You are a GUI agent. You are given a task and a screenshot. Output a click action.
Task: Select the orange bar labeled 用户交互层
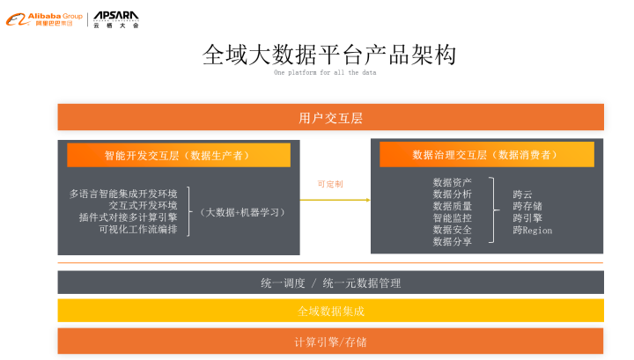[x=330, y=117]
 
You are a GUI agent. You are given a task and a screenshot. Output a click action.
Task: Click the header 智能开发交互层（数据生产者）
[x=178, y=155]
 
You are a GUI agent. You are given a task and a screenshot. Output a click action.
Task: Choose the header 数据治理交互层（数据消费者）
[x=486, y=155]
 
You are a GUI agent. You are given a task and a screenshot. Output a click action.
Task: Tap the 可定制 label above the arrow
[x=330, y=184]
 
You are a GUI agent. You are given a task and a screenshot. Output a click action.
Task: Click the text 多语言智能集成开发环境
[x=123, y=194]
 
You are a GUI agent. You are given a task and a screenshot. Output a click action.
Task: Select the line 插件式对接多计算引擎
[x=128, y=217]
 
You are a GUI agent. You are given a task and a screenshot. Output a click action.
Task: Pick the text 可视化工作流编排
[x=137, y=229]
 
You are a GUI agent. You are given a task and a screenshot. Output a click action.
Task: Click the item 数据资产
[x=452, y=182]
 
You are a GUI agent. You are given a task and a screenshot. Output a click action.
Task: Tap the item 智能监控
[x=452, y=217]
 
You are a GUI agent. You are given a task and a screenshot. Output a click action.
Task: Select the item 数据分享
[x=452, y=241]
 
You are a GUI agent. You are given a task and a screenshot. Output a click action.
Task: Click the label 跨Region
[x=532, y=230]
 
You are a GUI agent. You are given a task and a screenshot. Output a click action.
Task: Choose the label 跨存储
[x=527, y=206]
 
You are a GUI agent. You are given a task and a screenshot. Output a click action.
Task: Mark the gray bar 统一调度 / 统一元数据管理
[x=330, y=283]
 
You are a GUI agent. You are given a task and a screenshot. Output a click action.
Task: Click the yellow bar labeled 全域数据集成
[x=330, y=311]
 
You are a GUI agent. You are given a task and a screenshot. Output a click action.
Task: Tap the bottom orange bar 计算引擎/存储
[x=330, y=341]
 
